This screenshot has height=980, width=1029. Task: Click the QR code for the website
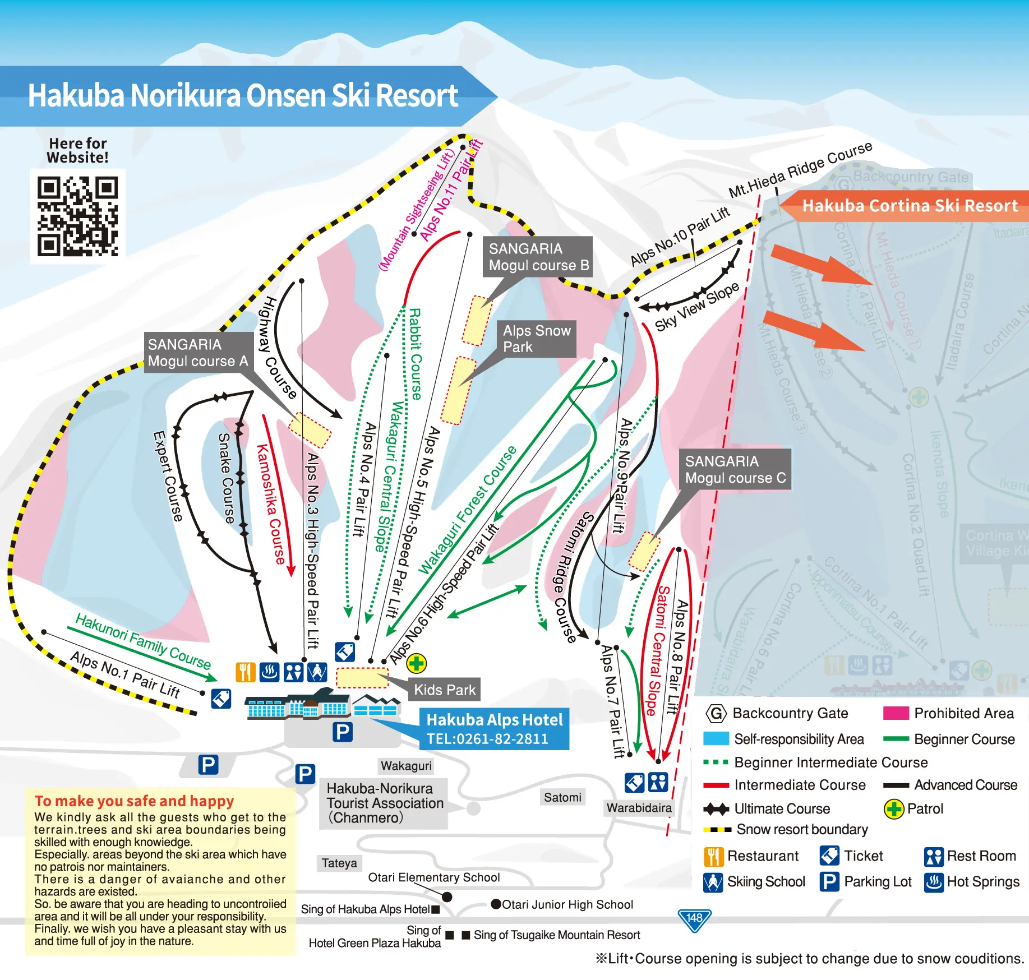77,216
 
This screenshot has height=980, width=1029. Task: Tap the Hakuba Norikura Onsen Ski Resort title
243,96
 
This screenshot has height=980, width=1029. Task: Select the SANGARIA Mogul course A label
197,353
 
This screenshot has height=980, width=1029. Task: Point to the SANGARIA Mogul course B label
538,257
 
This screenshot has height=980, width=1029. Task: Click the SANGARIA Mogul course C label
735,470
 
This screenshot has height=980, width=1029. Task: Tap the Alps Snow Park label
536,339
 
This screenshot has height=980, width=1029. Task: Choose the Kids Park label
445,690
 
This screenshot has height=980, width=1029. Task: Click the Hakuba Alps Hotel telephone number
487,739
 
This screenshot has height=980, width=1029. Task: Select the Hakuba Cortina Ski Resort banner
909,206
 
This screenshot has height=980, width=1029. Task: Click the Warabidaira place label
639,808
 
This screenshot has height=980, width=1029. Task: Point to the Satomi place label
562,797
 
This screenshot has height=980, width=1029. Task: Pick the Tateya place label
339,863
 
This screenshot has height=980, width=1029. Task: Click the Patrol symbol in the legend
893,809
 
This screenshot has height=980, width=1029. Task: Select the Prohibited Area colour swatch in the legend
896,713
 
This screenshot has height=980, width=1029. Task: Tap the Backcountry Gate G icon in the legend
716,714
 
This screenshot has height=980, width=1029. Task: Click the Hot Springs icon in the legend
934,882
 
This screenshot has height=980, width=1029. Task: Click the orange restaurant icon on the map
245,672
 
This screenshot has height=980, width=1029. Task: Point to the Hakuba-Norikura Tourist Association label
385,803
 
